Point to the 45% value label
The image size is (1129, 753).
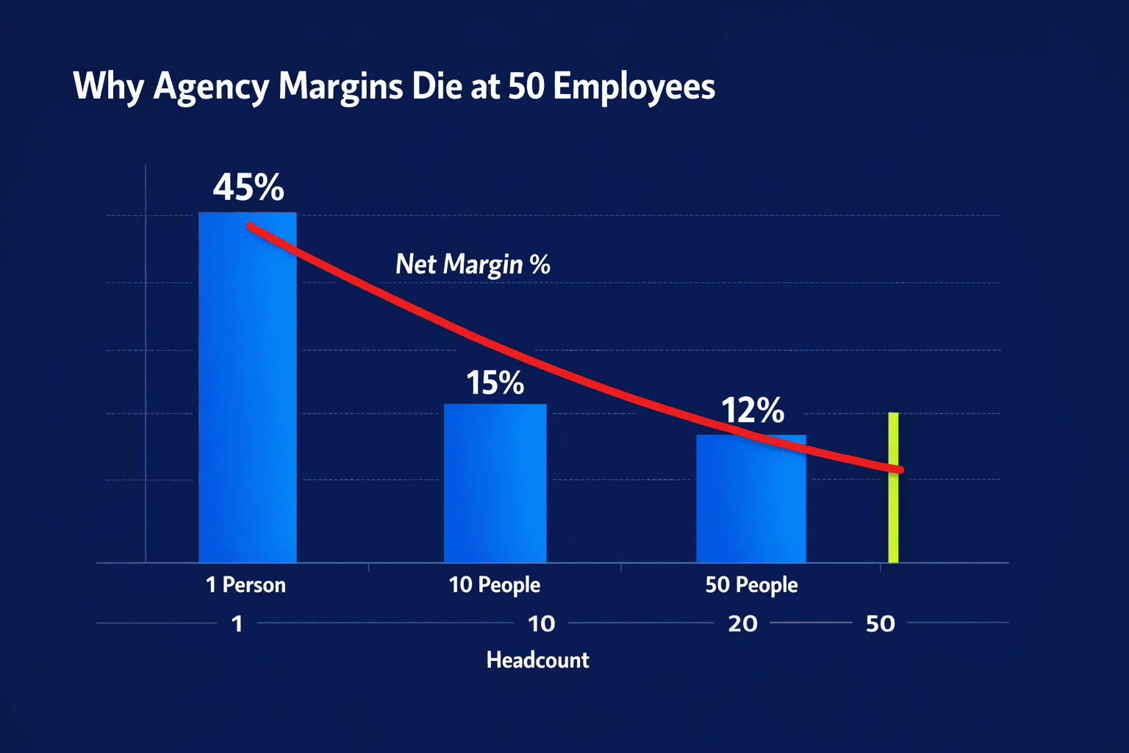tap(248, 188)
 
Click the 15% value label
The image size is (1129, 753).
tap(495, 383)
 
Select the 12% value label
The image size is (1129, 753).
tap(752, 410)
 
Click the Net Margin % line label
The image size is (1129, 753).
tap(473, 264)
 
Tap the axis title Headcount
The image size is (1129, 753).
tap(537, 660)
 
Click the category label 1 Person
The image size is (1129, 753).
tap(245, 585)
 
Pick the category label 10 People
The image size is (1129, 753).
tap(494, 585)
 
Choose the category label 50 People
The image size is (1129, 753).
tap(751, 585)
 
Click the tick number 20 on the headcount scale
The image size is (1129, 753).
tap(742, 624)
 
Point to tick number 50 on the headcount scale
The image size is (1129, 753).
tap(880, 624)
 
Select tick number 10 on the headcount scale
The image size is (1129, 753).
tap(541, 624)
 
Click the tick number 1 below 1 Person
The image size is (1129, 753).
tap(237, 624)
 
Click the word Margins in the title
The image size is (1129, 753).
tap(340, 87)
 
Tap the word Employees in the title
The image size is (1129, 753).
tap(634, 87)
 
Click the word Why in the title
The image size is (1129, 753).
tap(108, 87)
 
